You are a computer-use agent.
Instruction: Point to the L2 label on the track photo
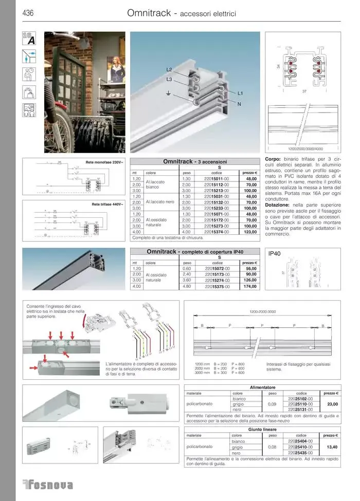coord(169,69)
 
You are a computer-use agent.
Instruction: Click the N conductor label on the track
coord(240,104)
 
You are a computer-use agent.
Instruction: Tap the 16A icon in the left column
coord(29,39)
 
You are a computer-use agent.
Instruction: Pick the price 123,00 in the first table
coord(250,232)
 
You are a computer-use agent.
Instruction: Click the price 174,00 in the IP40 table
coord(250,286)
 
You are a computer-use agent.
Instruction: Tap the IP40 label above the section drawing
coord(276,253)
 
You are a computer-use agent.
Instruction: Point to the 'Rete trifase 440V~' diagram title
coord(107,205)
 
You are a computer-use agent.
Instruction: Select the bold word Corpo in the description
coord(273,159)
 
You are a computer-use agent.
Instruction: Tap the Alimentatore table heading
coord(262,387)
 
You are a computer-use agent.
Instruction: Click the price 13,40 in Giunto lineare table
coord(328,447)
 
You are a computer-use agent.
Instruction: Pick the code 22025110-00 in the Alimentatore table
coord(301,404)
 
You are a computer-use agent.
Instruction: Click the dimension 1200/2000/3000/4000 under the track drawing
coord(302,149)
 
